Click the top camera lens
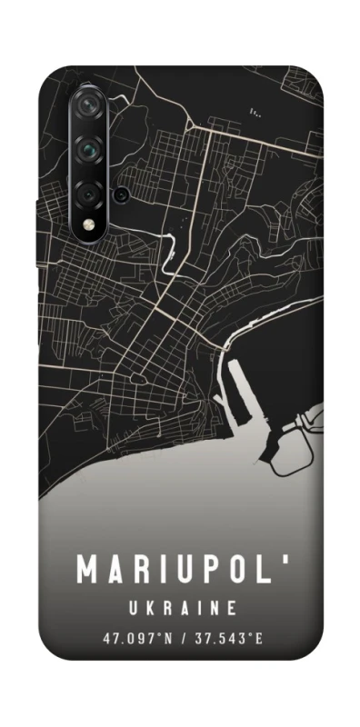coord(88,105)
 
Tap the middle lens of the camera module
coord(88,148)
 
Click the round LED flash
coord(88,224)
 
